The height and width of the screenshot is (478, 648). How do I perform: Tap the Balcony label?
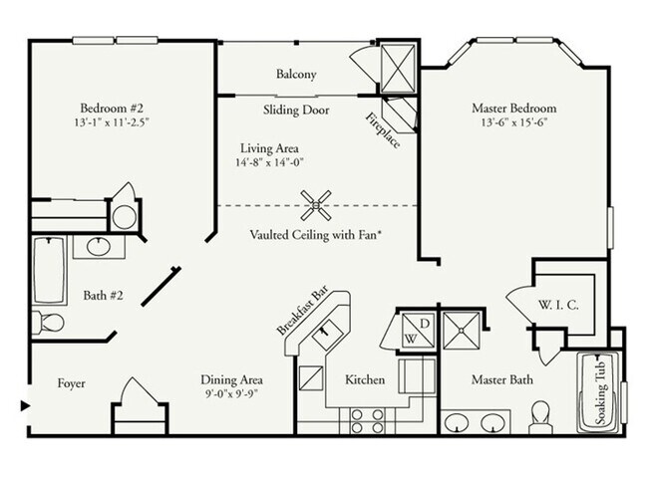296,75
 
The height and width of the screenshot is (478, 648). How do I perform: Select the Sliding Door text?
296,110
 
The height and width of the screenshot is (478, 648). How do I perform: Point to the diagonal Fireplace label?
383,130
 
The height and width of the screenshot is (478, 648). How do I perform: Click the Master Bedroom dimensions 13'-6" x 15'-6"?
512,123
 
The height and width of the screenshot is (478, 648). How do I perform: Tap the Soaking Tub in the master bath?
601,390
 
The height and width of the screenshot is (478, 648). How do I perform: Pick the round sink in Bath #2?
98,246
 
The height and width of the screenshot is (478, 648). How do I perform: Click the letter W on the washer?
409,339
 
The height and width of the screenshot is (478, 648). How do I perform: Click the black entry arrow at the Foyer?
25,404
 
